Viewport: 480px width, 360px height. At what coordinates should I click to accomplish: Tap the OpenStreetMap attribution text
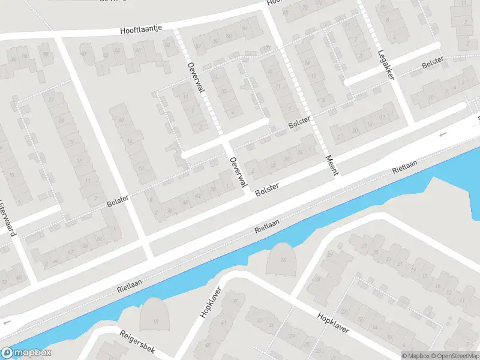450,355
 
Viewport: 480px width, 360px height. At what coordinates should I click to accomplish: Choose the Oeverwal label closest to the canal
238,171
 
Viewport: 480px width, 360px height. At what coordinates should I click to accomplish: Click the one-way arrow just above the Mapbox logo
7,323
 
